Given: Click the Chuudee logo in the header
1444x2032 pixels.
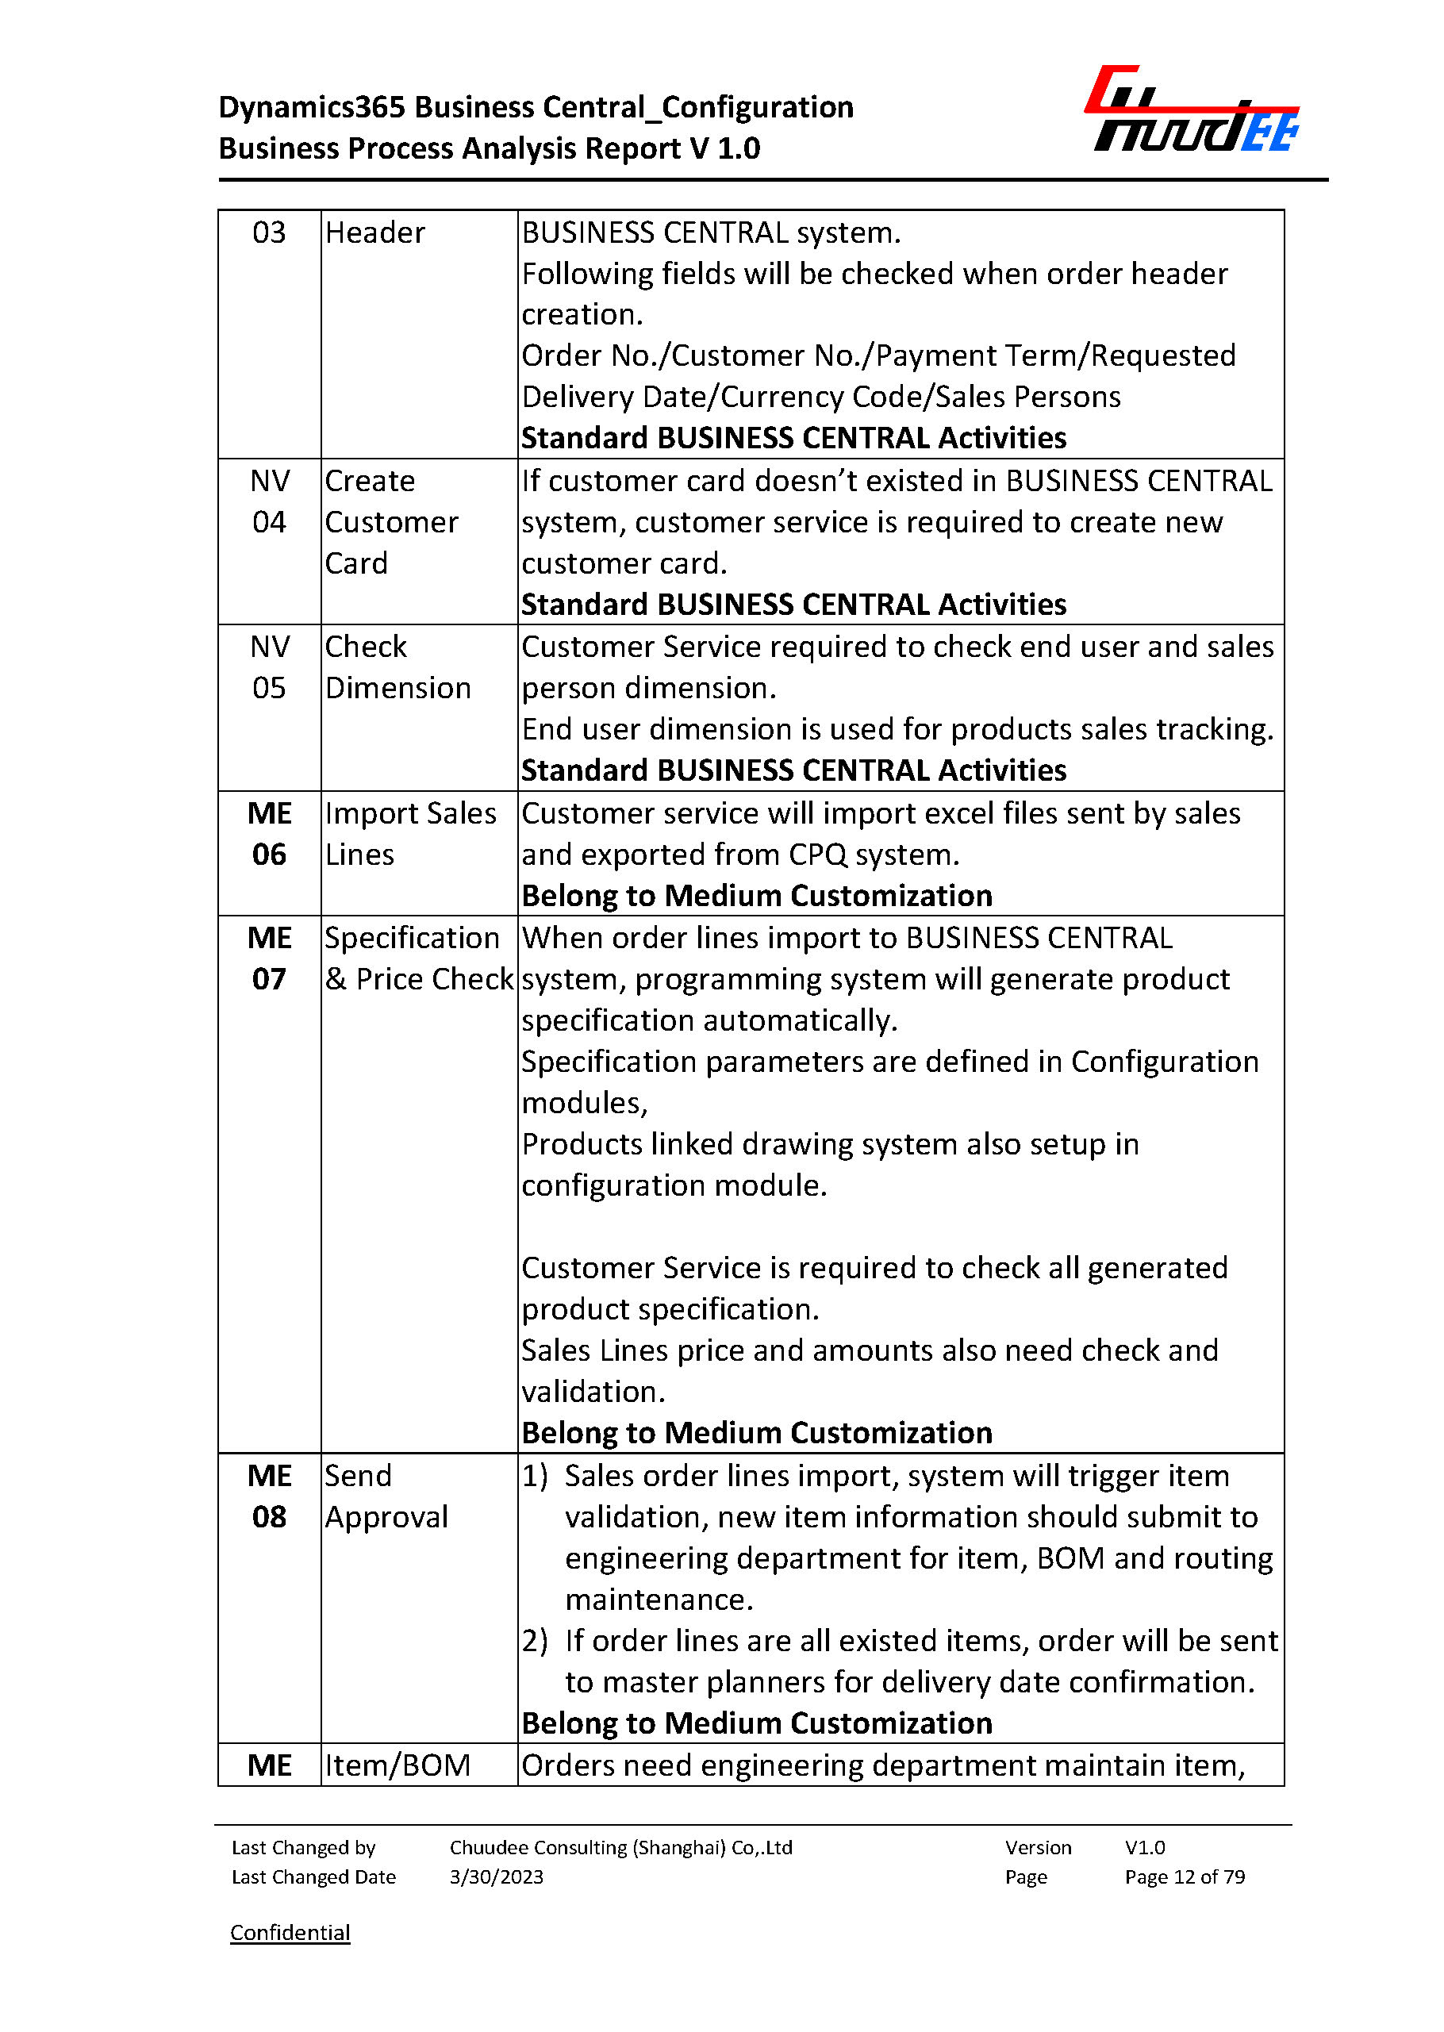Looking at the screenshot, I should point(1192,110).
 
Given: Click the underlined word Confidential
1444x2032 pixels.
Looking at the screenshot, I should point(290,1931).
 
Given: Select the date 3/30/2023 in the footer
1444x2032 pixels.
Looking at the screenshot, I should point(496,1876).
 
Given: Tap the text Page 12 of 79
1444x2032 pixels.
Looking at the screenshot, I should point(1185,1876).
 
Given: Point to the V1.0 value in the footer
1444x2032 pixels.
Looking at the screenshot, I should point(1144,1847).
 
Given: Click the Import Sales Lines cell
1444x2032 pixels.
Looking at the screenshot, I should point(410,833).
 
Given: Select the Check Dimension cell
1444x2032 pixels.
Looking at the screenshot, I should point(397,667).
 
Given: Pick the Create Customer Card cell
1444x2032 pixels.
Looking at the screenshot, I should point(391,522).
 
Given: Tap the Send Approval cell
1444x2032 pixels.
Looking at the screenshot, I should point(386,1496).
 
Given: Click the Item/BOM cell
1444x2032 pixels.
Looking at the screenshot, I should point(397,1765).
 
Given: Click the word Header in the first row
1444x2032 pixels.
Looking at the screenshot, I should point(374,233).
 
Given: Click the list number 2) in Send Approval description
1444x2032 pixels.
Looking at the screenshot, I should point(535,1641).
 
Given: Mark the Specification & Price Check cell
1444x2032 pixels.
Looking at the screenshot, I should point(418,958).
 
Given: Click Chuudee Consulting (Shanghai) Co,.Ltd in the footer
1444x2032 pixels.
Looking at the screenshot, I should point(620,1847).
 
